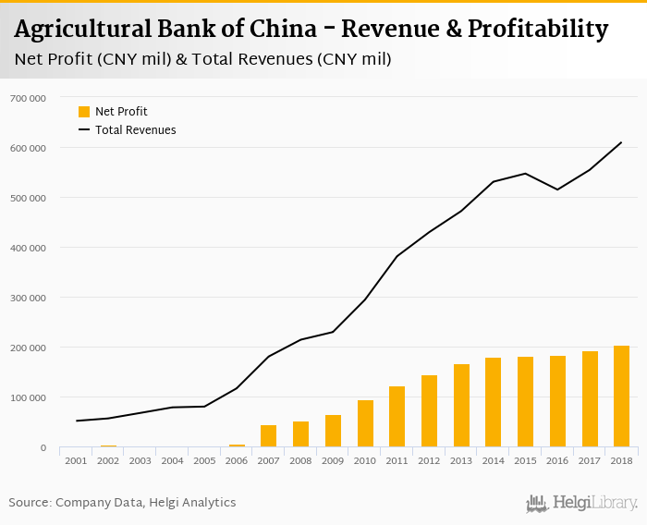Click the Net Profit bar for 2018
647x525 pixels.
click(x=621, y=397)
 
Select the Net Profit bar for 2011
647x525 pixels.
click(x=397, y=417)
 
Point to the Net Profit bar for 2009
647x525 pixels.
click(x=333, y=431)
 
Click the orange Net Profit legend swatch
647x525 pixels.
click(x=84, y=112)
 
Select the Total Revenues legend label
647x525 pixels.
click(x=135, y=130)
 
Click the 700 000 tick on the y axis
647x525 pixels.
click(x=28, y=98)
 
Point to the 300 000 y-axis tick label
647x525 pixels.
click(x=28, y=298)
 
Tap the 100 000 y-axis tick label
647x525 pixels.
click(x=28, y=397)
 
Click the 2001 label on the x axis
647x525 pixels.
click(x=76, y=460)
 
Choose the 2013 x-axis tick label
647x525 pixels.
click(x=460, y=460)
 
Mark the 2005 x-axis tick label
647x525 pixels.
click(x=204, y=460)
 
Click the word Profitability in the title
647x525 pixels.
click(x=524, y=30)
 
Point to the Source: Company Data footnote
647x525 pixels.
click(x=122, y=503)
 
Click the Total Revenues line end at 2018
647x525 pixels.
click(x=621, y=142)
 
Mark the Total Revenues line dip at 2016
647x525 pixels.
click(x=557, y=189)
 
